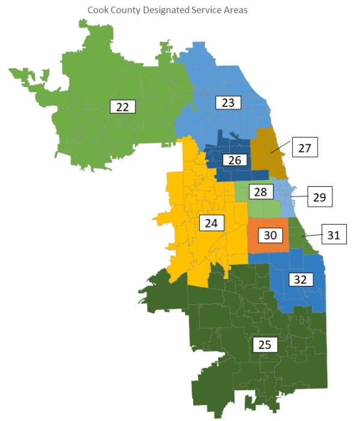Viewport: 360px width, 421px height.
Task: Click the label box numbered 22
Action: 123,107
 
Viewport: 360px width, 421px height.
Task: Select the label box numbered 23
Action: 227,102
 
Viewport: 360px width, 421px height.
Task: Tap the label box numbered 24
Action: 211,223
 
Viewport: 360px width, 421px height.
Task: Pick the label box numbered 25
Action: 265,345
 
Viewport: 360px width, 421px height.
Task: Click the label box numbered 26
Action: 235,160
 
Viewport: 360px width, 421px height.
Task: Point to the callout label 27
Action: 305,148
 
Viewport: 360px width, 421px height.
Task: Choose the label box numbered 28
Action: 260,192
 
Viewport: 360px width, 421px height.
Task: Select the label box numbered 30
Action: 270,235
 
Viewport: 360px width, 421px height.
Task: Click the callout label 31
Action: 334,235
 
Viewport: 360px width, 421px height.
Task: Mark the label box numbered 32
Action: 301,279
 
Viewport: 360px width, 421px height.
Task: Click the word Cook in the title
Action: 98,10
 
